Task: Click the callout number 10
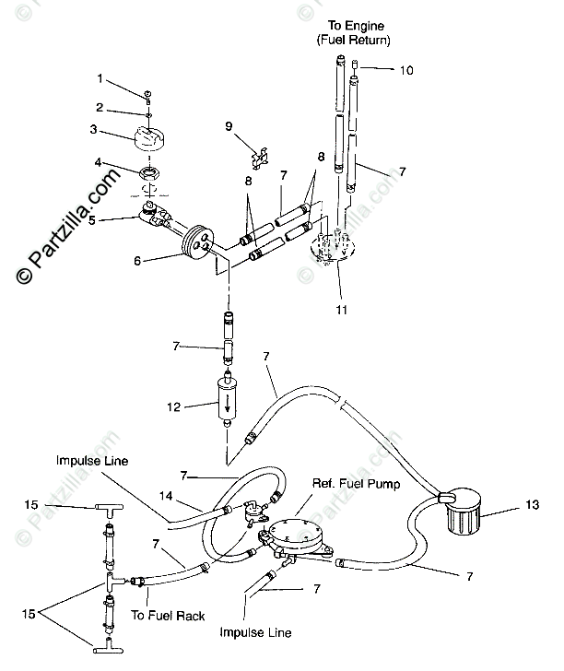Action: (x=406, y=70)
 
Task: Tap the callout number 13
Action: (x=533, y=504)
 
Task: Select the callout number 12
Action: (x=174, y=407)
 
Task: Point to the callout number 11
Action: (x=341, y=310)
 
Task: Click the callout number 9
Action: (x=229, y=126)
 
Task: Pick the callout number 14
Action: (x=166, y=496)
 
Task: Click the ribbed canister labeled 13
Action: (x=464, y=512)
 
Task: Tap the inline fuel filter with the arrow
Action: (x=228, y=400)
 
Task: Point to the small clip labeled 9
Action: (x=260, y=158)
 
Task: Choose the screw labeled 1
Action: (x=148, y=97)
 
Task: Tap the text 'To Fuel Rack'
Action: (x=168, y=616)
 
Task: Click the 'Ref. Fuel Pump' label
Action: (x=356, y=484)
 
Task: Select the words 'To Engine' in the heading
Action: (x=356, y=26)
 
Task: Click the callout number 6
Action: (x=137, y=261)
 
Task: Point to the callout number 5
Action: (x=92, y=220)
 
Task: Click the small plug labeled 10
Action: (x=354, y=65)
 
